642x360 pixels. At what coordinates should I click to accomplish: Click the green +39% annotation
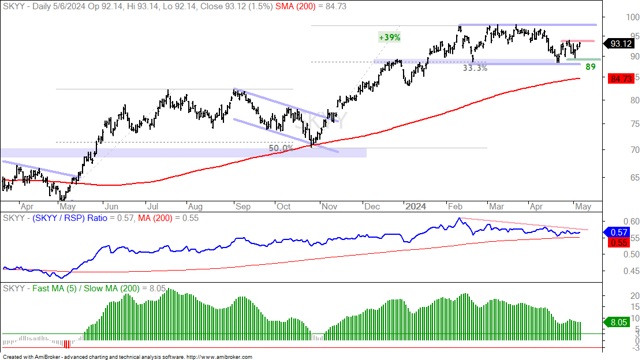(389, 37)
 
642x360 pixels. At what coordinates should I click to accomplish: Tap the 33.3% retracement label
(475, 68)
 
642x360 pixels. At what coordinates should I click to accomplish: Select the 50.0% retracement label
(281, 148)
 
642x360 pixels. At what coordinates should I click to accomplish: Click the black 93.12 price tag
(621, 43)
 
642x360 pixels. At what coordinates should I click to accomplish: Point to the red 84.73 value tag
(621, 78)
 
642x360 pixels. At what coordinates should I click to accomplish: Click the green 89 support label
(591, 67)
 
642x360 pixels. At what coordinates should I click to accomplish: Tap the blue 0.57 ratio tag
(619, 232)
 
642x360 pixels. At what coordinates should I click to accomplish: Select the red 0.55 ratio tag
(619, 242)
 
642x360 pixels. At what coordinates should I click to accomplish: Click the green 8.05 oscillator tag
(619, 322)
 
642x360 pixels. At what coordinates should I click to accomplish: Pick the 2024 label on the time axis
(416, 207)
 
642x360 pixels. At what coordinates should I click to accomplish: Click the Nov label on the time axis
(329, 207)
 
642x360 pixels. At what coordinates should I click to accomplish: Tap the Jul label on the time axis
(152, 207)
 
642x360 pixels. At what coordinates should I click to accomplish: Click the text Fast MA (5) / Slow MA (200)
(86, 288)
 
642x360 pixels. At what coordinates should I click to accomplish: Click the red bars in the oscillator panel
(67, 344)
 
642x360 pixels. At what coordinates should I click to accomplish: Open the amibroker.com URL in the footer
(219, 357)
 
